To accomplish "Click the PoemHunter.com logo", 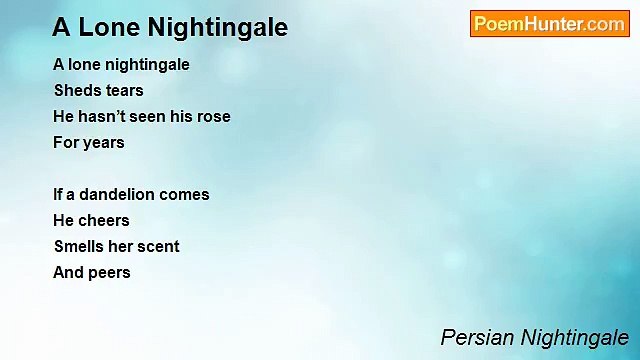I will (x=549, y=24).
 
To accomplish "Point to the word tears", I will (x=125, y=90).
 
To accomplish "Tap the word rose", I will (x=212, y=116).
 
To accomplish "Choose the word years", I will (x=103, y=142).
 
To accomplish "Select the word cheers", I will (x=103, y=220).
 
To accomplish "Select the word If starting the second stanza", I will (x=58, y=194).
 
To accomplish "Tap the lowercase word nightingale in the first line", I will (x=144, y=64).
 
